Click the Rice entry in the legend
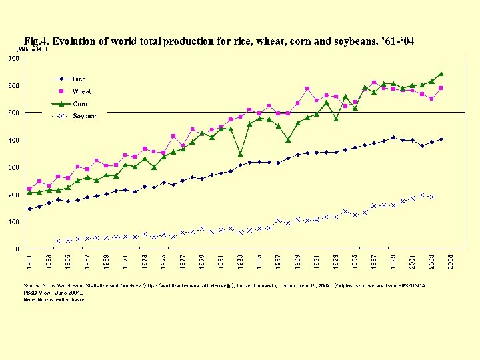point(79,79)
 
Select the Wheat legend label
point(81,91)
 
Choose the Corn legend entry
point(80,104)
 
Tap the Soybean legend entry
point(85,116)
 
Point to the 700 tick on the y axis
point(13,59)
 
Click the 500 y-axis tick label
point(13,113)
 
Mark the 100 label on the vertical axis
point(13,222)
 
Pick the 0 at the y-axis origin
point(17,249)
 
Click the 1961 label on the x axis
point(29,261)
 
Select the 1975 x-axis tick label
point(164,261)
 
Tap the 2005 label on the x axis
point(451,261)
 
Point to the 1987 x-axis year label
point(279,261)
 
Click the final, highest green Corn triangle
point(441,73)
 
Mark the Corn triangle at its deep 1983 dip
point(240,154)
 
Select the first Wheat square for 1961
point(29,189)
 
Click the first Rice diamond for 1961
point(29,209)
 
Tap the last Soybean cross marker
point(431,197)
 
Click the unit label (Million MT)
point(32,50)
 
